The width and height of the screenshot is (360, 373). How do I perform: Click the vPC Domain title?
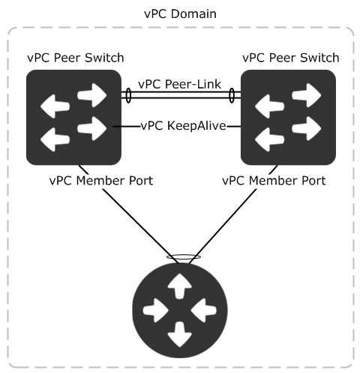point(180,14)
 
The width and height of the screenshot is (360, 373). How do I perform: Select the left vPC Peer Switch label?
point(76,58)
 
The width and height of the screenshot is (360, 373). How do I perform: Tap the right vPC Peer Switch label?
point(291,58)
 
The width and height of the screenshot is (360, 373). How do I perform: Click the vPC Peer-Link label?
point(179,84)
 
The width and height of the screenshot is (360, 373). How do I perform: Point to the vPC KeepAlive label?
point(184,125)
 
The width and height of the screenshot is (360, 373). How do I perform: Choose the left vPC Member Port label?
point(101,181)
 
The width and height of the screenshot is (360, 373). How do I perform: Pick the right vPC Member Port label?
point(274,181)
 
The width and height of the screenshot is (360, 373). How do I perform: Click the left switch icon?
point(73,117)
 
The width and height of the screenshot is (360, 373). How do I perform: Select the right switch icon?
point(288,117)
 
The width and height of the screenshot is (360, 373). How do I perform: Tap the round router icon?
point(180,310)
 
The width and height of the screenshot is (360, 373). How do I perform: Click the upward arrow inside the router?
point(180,286)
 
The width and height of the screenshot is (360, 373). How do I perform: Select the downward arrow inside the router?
point(180,335)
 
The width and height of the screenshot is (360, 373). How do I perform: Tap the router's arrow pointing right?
point(155,310)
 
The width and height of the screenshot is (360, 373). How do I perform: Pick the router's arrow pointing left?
point(204,310)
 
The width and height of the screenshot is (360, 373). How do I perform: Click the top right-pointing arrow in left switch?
point(92,95)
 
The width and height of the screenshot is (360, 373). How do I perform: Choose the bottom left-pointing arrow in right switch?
point(270,140)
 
